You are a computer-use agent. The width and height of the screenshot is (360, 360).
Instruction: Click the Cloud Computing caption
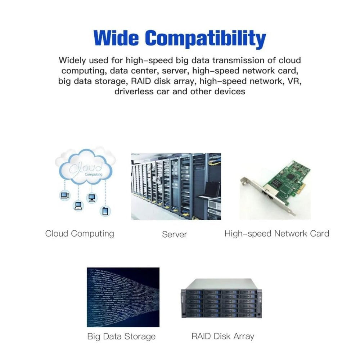(x=80, y=234)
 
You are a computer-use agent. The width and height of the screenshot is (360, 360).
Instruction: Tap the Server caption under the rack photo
(x=175, y=234)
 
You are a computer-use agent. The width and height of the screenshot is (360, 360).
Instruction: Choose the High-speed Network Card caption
(x=276, y=234)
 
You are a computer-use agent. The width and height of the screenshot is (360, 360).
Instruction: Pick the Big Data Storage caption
(x=121, y=337)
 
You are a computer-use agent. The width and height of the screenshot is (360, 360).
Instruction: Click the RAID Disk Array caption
(x=223, y=337)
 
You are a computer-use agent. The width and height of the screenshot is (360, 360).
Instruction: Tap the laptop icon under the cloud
(x=78, y=206)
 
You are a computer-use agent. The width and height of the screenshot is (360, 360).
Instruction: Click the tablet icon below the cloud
(x=105, y=210)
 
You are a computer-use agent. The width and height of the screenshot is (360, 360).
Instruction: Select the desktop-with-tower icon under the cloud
(x=64, y=195)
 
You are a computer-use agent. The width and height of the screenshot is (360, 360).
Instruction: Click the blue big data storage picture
(x=123, y=297)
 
